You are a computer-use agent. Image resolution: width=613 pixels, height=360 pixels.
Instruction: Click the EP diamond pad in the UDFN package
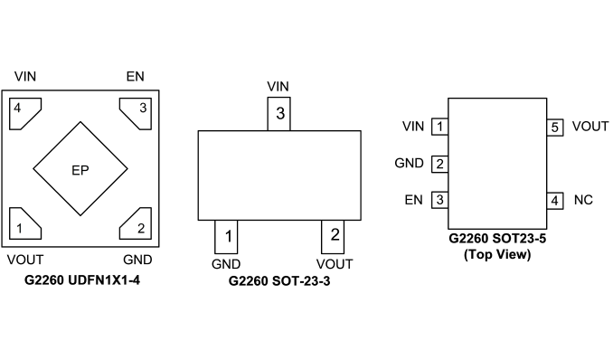pos(80,169)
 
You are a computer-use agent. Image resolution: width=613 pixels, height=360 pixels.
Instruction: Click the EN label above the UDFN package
pos(136,76)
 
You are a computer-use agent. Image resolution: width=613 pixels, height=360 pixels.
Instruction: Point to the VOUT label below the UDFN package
pos(25,260)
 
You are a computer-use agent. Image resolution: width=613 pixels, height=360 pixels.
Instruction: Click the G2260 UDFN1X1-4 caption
pos(82,280)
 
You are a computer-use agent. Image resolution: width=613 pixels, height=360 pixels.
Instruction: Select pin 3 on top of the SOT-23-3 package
pos(278,114)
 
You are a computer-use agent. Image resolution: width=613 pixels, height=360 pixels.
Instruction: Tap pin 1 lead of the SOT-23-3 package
pos(226,237)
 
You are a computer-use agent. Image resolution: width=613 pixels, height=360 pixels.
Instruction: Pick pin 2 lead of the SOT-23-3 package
pos(333,237)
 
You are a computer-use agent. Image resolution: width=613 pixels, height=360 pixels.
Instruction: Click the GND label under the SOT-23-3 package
pos(226,264)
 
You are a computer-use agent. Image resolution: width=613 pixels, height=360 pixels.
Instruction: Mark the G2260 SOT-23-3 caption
pos(279,281)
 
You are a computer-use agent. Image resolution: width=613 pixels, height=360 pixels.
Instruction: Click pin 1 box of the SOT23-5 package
pos(439,127)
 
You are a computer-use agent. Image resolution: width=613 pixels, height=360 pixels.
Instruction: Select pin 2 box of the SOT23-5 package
pos(439,164)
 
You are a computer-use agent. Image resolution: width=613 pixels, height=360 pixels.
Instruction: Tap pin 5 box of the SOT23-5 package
pos(555,128)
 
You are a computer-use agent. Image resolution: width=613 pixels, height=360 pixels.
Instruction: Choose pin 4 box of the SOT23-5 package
pos(555,201)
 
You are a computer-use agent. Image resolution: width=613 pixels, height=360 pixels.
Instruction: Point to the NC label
pos(583,200)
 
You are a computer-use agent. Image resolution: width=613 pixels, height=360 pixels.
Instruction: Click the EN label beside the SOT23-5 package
pos(413,200)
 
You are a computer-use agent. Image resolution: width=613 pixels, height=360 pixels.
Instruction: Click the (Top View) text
pos(497,254)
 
